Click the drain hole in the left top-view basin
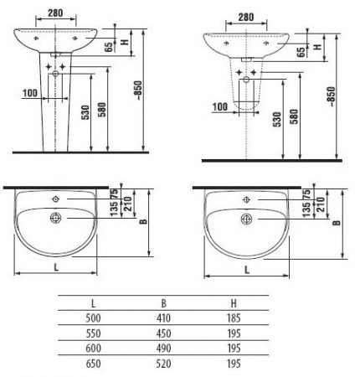point(57,219)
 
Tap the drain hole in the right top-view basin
point(247,219)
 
